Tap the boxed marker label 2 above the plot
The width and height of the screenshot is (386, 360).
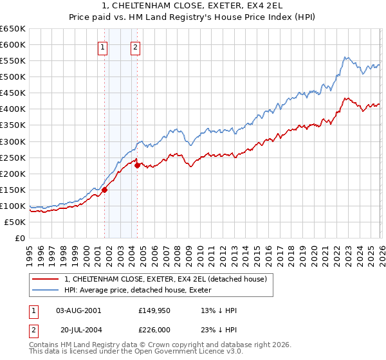pyautogui.click(x=136, y=46)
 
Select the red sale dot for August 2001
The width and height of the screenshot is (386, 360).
pyautogui.click(x=104, y=189)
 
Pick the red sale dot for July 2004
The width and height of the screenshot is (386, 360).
pyautogui.click(x=137, y=165)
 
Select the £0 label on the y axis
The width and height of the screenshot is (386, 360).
pyautogui.click(x=19, y=238)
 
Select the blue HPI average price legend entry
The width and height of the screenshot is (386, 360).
pyautogui.click(x=155, y=290)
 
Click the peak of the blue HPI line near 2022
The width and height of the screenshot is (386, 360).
pyautogui.click(x=345, y=58)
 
